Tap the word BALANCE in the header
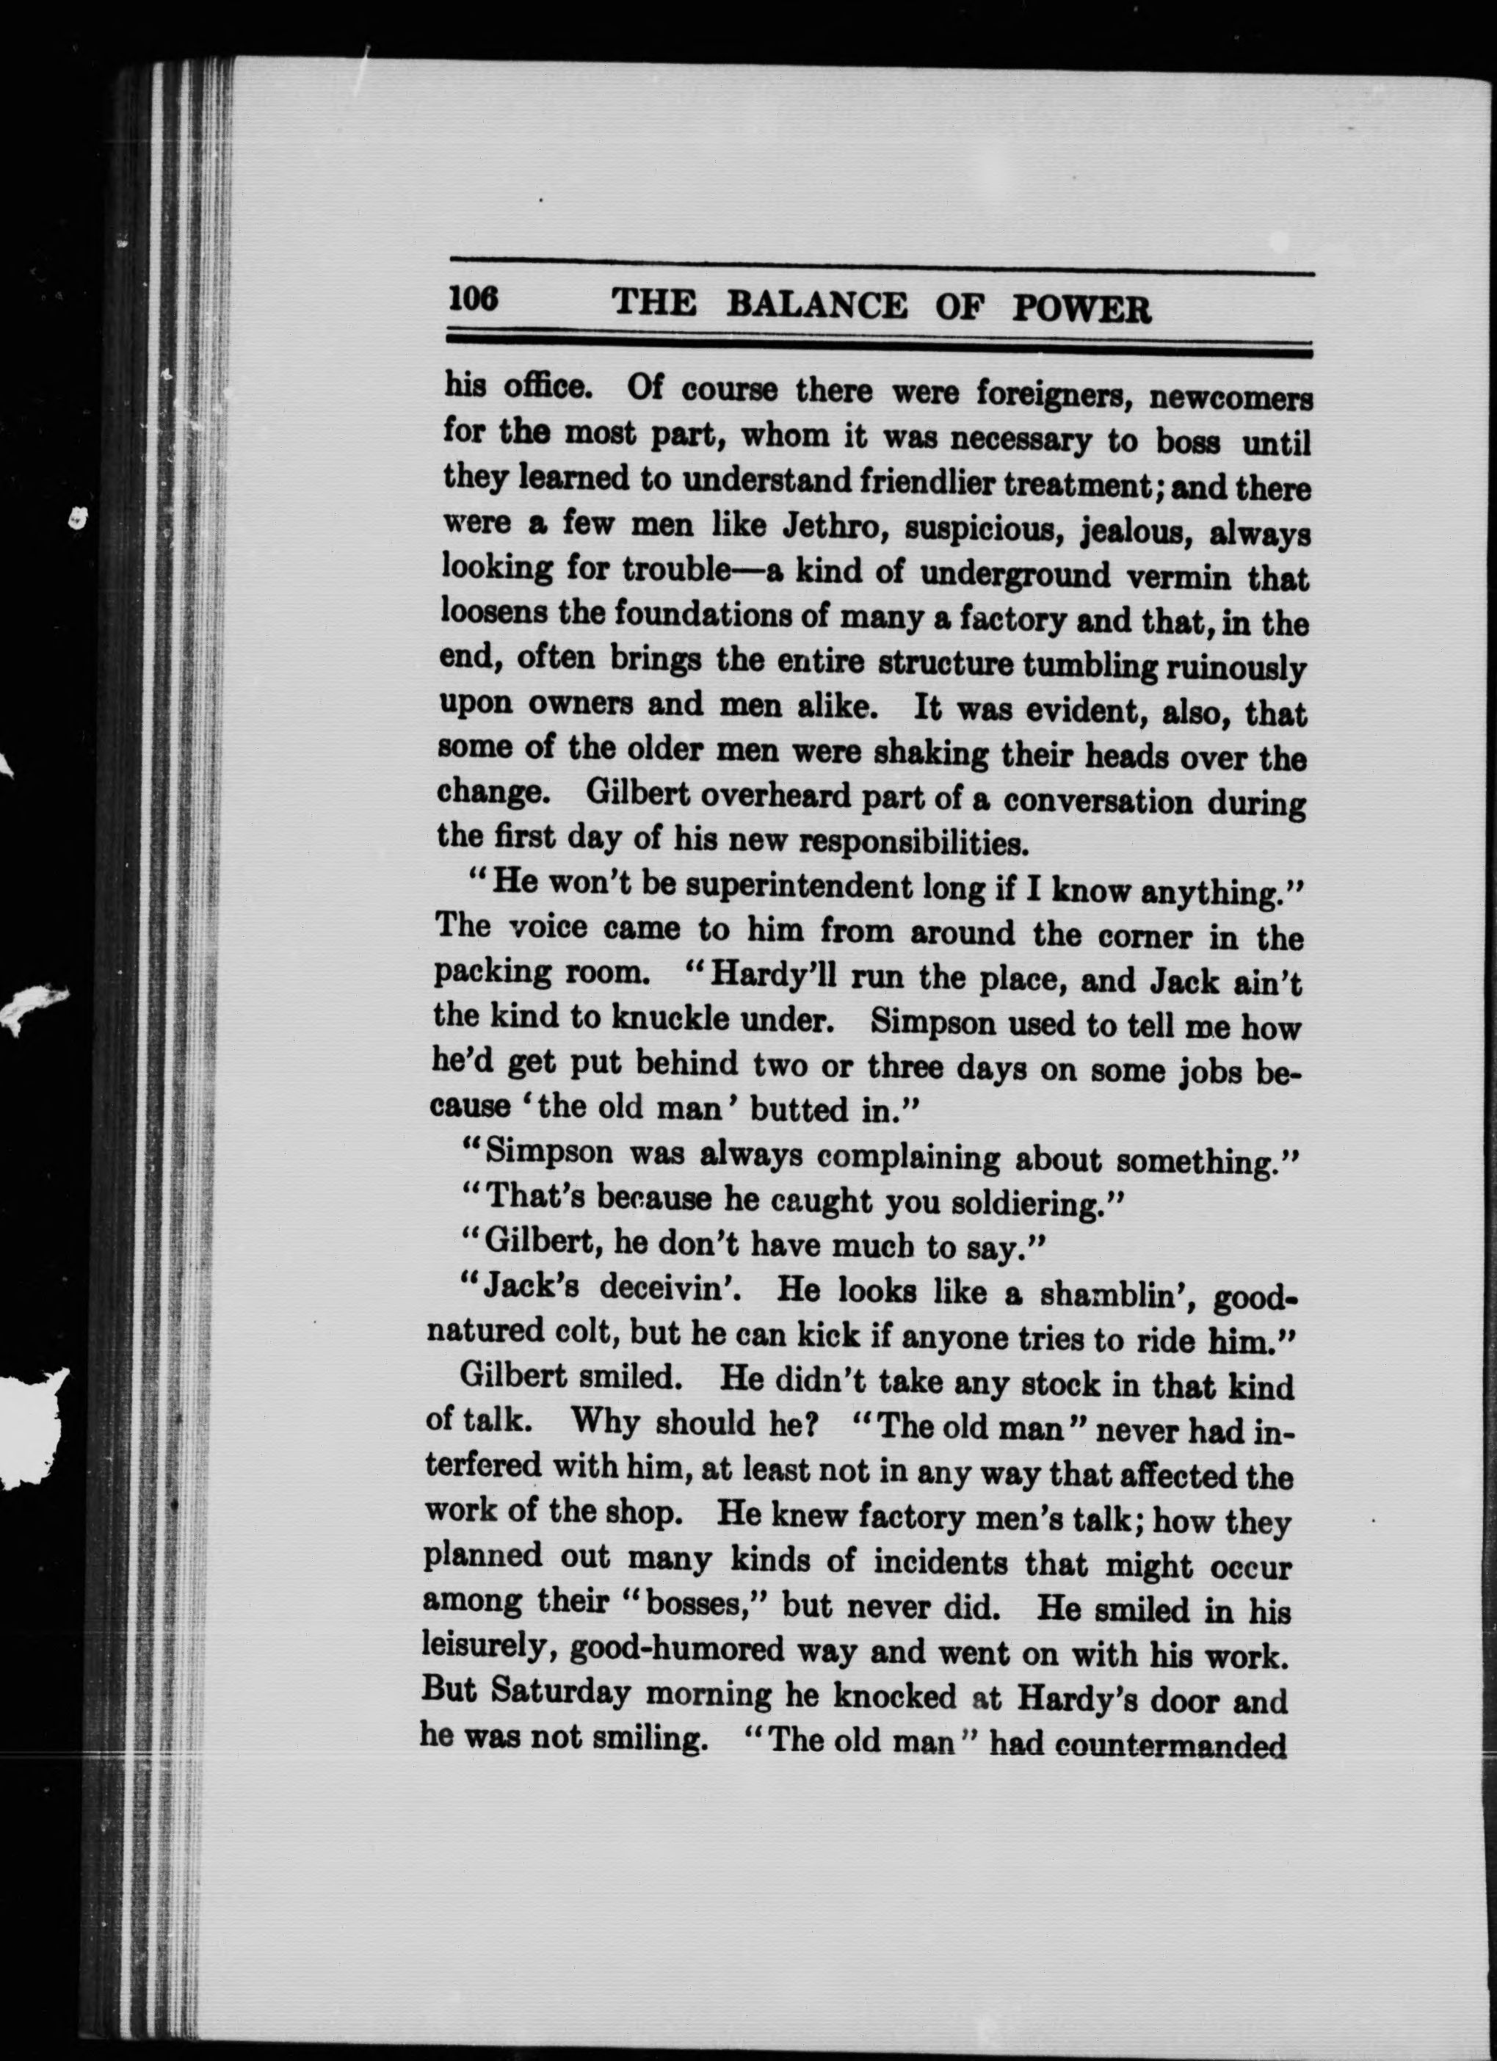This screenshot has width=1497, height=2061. click(x=816, y=305)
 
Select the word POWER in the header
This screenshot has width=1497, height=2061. click(x=1081, y=310)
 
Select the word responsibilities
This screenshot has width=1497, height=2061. click(x=913, y=844)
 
